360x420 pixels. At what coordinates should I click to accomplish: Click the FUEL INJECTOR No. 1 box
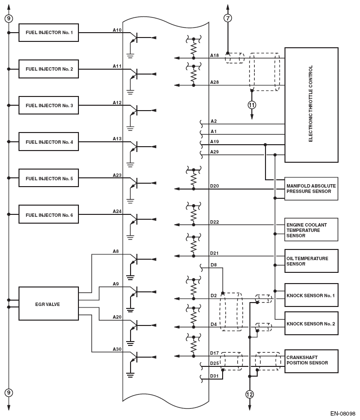[49, 33]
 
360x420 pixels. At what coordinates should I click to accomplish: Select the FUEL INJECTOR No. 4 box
[49, 142]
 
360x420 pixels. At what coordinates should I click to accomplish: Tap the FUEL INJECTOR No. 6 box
[49, 215]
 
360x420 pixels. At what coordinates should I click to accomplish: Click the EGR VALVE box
[49, 304]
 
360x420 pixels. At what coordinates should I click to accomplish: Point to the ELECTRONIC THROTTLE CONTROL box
[311, 105]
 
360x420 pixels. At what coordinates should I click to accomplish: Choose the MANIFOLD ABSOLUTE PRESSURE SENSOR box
[311, 189]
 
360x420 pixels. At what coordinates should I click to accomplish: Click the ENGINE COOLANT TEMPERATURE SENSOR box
[311, 229]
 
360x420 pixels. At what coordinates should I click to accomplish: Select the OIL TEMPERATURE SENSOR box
[311, 261]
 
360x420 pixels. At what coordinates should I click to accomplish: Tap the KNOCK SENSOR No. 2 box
[311, 323]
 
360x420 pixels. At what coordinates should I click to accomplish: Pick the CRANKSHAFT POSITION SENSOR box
[311, 361]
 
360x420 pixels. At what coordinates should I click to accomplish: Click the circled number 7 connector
[227, 18]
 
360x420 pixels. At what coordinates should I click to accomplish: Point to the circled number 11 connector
[251, 105]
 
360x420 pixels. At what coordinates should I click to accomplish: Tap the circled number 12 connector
[249, 394]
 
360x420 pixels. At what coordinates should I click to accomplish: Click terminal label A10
[117, 30]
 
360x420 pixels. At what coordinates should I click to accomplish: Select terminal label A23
[117, 175]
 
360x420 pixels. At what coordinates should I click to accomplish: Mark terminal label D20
[214, 186]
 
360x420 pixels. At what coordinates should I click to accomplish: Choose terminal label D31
[214, 375]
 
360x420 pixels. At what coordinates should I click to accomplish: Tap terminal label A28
[214, 82]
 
